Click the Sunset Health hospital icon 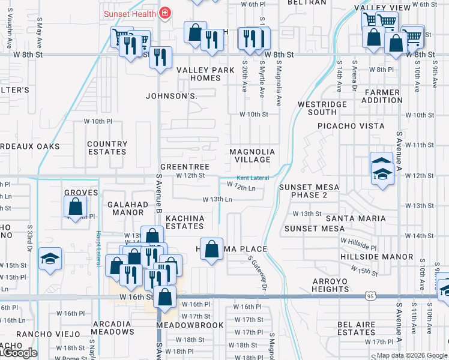(x=164, y=13)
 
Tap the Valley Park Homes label (x=205, y=74)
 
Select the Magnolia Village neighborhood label (x=252, y=155)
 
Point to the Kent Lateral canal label (x=252, y=178)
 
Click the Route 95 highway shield (x=370, y=296)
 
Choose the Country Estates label (x=107, y=148)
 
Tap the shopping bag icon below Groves (x=75, y=207)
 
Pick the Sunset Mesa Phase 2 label (x=309, y=191)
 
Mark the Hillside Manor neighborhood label (x=376, y=257)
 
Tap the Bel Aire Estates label (x=357, y=328)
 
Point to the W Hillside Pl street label (x=358, y=244)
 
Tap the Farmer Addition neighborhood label (x=381, y=96)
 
